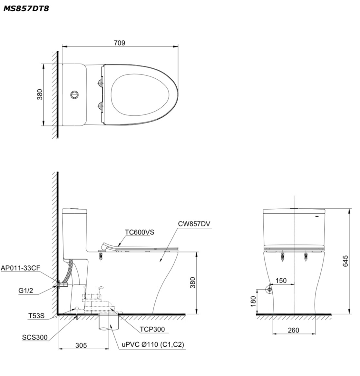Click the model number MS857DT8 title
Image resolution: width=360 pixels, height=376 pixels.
point(26,8)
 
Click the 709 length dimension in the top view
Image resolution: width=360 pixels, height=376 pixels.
point(119,43)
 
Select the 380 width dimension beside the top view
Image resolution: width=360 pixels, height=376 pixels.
point(40,94)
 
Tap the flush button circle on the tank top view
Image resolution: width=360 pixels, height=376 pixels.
point(74,94)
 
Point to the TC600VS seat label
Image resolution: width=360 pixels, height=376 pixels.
point(140,232)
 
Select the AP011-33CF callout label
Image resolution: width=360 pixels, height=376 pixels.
point(20,268)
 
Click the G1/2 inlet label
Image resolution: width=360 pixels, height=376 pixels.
point(25,291)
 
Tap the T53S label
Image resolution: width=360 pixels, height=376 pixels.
point(36,316)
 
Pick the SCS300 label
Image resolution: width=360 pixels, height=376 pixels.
point(35,338)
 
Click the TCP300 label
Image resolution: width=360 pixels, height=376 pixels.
point(152,329)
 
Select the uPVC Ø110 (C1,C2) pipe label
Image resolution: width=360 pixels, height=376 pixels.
point(153,345)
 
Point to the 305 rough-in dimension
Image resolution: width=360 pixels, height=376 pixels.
point(81,345)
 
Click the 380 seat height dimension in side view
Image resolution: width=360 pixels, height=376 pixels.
point(192,283)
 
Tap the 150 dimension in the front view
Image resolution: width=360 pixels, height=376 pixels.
point(281,281)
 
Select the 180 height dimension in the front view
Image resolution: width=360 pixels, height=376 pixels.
point(253,301)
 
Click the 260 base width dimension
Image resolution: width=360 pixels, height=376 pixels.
point(293,330)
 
